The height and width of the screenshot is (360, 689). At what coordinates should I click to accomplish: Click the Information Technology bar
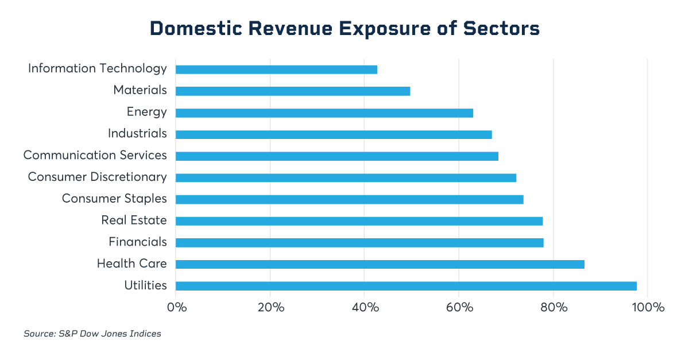pyautogui.click(x=276, y=69)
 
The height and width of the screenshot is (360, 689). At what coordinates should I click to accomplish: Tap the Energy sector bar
pyautogui.click(x=324, y=113)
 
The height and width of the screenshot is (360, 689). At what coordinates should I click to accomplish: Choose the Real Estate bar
pyautogui.click(x=359, y=221)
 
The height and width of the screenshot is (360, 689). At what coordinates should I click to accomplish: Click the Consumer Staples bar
pyautogui.click(x=349, y=199)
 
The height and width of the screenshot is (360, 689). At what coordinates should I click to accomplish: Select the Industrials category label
pyautogui.click(x=137, y=134)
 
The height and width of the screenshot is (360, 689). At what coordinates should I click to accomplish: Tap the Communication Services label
pyautogui.click(x=95, y=155)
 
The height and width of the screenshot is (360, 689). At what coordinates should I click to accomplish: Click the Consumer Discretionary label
pyautogui.click(x=97, y=177)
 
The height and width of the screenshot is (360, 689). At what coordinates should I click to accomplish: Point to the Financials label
pyautogui.click(x=138, y=242)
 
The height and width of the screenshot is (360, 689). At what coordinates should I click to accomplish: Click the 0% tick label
pyautogui.click(x=177, y=307)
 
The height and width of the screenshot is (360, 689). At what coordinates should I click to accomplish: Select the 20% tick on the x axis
pyautogui.click(x=271, y=307)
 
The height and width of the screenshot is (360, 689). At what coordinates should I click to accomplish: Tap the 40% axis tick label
pyautogui.click(x=365, y=307)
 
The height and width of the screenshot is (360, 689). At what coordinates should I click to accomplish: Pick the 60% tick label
pyautogui.click(x=459, y=307)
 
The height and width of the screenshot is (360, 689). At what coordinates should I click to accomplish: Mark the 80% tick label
pyautogui.click(x=553, y=307)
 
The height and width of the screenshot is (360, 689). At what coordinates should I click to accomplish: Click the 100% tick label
pyautogui.click(x=648, y=307)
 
